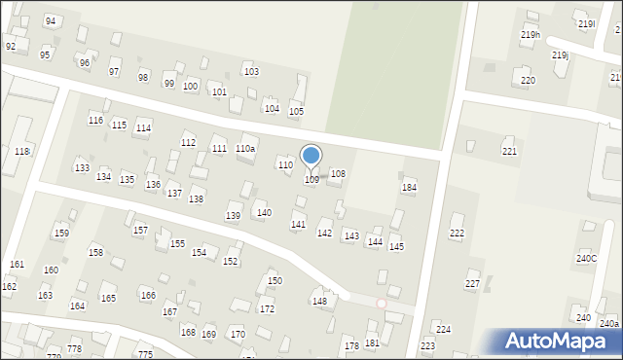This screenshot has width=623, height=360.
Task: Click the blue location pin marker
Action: pyautogui.click(x=311, y=156)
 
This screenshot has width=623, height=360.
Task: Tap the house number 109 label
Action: pyautogui.click(x=311, y=180)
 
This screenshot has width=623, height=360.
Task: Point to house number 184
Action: pyautogui.click(x=410, y=187)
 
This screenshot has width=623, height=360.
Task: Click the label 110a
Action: pyautogui.click(x=245, y=149)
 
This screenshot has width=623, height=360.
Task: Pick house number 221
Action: pyautogui.click(x=509, y=152)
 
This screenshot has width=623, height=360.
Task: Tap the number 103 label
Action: pyautogui.click(x=251, y=72)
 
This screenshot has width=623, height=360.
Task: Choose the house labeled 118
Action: pyautogui.click(x=22, y=151)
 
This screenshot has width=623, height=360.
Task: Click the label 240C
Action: pyautogui.click(x=586, y=258)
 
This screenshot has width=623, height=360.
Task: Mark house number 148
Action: pyautogui.click(x=319, y=302)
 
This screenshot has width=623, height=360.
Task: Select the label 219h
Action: pyautogui.click(x=530, y=35)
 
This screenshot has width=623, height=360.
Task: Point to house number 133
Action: pyautogui.click(x=82, y=168)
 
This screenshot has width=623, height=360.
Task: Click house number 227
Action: pyautogui.click(x=472, y=284)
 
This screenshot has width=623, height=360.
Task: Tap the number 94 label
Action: pyautogui.click(x=51, y=20)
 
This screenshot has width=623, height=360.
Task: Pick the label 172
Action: pyautogui.click(x=267, y=308)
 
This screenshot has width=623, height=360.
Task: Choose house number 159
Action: pyautogui.click(x=61, y=234)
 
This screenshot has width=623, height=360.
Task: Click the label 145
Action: pyautogui.click(x=396, y=247)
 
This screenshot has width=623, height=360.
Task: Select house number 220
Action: pyautogui.click(x=528, y=80)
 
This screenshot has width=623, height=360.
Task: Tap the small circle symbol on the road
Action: pyautogui.click(x=382, y=304)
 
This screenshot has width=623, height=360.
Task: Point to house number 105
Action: pyautogui.click(x=296, y=112)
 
